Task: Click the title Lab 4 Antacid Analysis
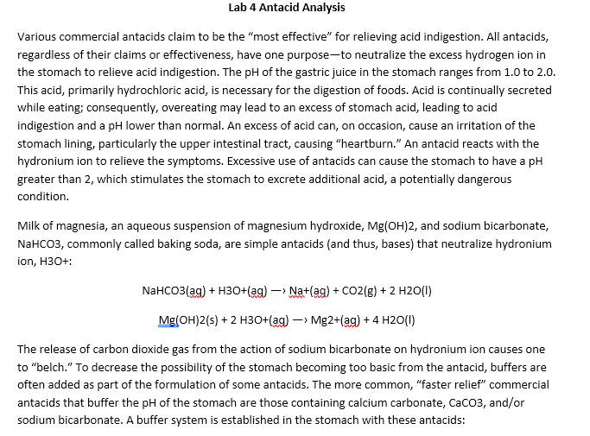tap(287, 8)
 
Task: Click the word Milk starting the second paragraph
tap(30, 226)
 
